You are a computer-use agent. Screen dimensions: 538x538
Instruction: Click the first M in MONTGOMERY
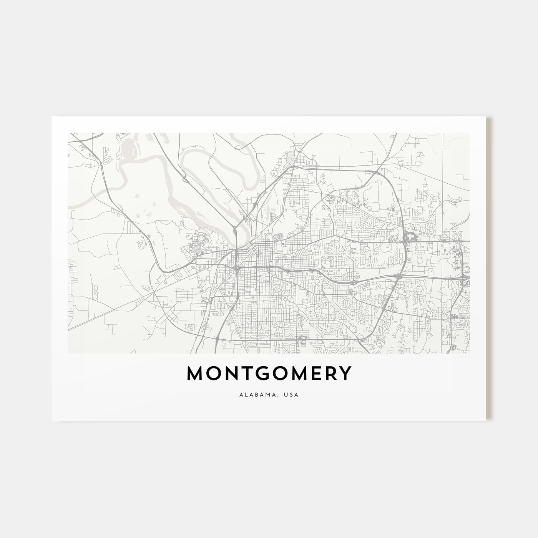coord(196,374)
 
